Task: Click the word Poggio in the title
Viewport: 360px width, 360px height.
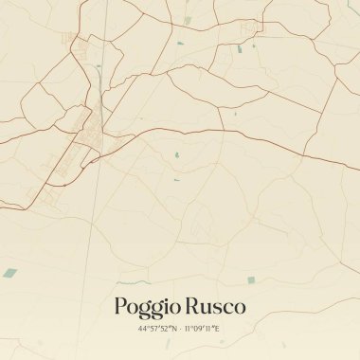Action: point(145,307)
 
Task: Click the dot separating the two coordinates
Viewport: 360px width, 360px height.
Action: point(178,328)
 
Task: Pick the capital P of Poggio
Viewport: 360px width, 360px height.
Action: point(120,307)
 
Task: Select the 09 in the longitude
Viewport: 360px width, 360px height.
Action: point(199,328)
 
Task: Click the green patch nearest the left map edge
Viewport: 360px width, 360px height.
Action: point(9,273)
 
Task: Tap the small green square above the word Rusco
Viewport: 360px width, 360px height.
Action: point(250,279)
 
